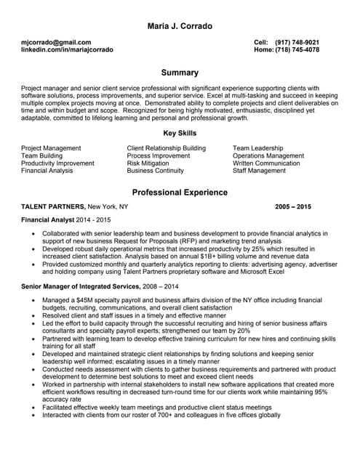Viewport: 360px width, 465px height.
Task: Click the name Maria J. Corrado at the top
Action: (180, 27)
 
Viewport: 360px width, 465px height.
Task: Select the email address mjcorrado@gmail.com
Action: (57, 42)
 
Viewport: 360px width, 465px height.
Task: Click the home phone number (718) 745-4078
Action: (297, 50)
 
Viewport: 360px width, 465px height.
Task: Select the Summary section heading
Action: (180, 73)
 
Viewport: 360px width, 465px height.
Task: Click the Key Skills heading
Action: (180, 133)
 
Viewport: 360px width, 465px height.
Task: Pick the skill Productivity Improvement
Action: (57, 163)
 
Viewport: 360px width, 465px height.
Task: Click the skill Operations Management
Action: (268, 155)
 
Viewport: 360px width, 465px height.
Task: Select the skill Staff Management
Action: (259, 171)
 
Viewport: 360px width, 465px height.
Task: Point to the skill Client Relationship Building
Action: (166, 147)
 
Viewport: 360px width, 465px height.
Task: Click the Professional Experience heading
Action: (180, 193)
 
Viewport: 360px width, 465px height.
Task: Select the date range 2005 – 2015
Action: (293, 207)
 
